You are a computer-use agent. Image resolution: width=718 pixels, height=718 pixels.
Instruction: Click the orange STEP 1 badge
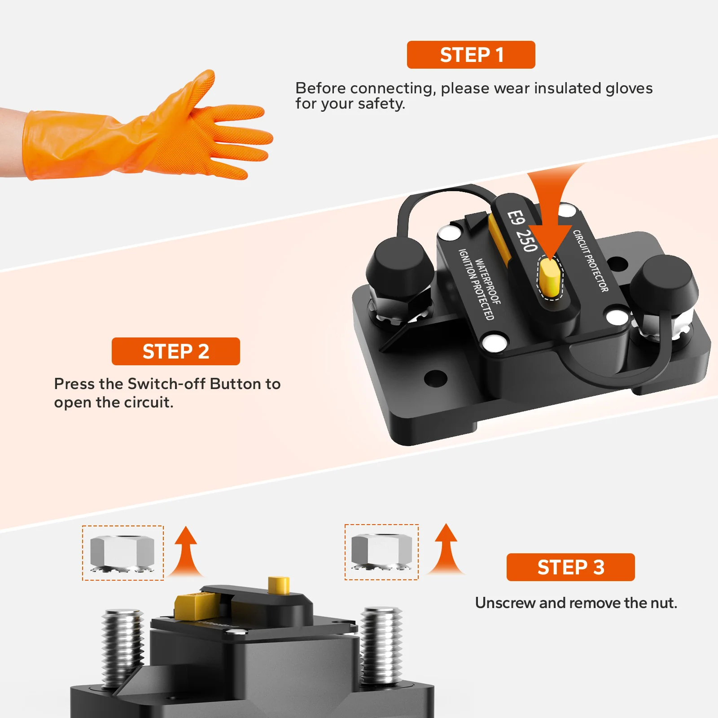[471, 55]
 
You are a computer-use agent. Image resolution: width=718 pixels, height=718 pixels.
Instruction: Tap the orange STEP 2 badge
[175, 351]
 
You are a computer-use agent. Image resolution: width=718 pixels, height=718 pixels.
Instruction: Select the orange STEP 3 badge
[570, 567]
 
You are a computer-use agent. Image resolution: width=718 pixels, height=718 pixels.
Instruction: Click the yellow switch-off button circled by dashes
[550, 279]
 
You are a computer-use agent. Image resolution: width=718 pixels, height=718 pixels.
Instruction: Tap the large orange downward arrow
[550, 211]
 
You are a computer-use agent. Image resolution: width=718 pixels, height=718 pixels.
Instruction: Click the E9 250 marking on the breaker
[522, 231]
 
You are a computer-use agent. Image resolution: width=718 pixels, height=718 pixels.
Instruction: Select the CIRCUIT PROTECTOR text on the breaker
[590, 261]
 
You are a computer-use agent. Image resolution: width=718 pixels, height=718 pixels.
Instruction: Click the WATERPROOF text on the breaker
[487, 281]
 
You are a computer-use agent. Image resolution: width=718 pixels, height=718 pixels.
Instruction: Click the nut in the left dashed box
[122, 552]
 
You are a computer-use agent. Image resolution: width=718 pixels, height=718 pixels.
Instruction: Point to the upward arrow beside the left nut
[187, 552]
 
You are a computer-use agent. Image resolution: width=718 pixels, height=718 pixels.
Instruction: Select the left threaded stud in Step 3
[122, 646]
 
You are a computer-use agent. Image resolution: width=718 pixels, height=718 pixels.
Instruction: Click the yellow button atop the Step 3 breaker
[279, 585]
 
